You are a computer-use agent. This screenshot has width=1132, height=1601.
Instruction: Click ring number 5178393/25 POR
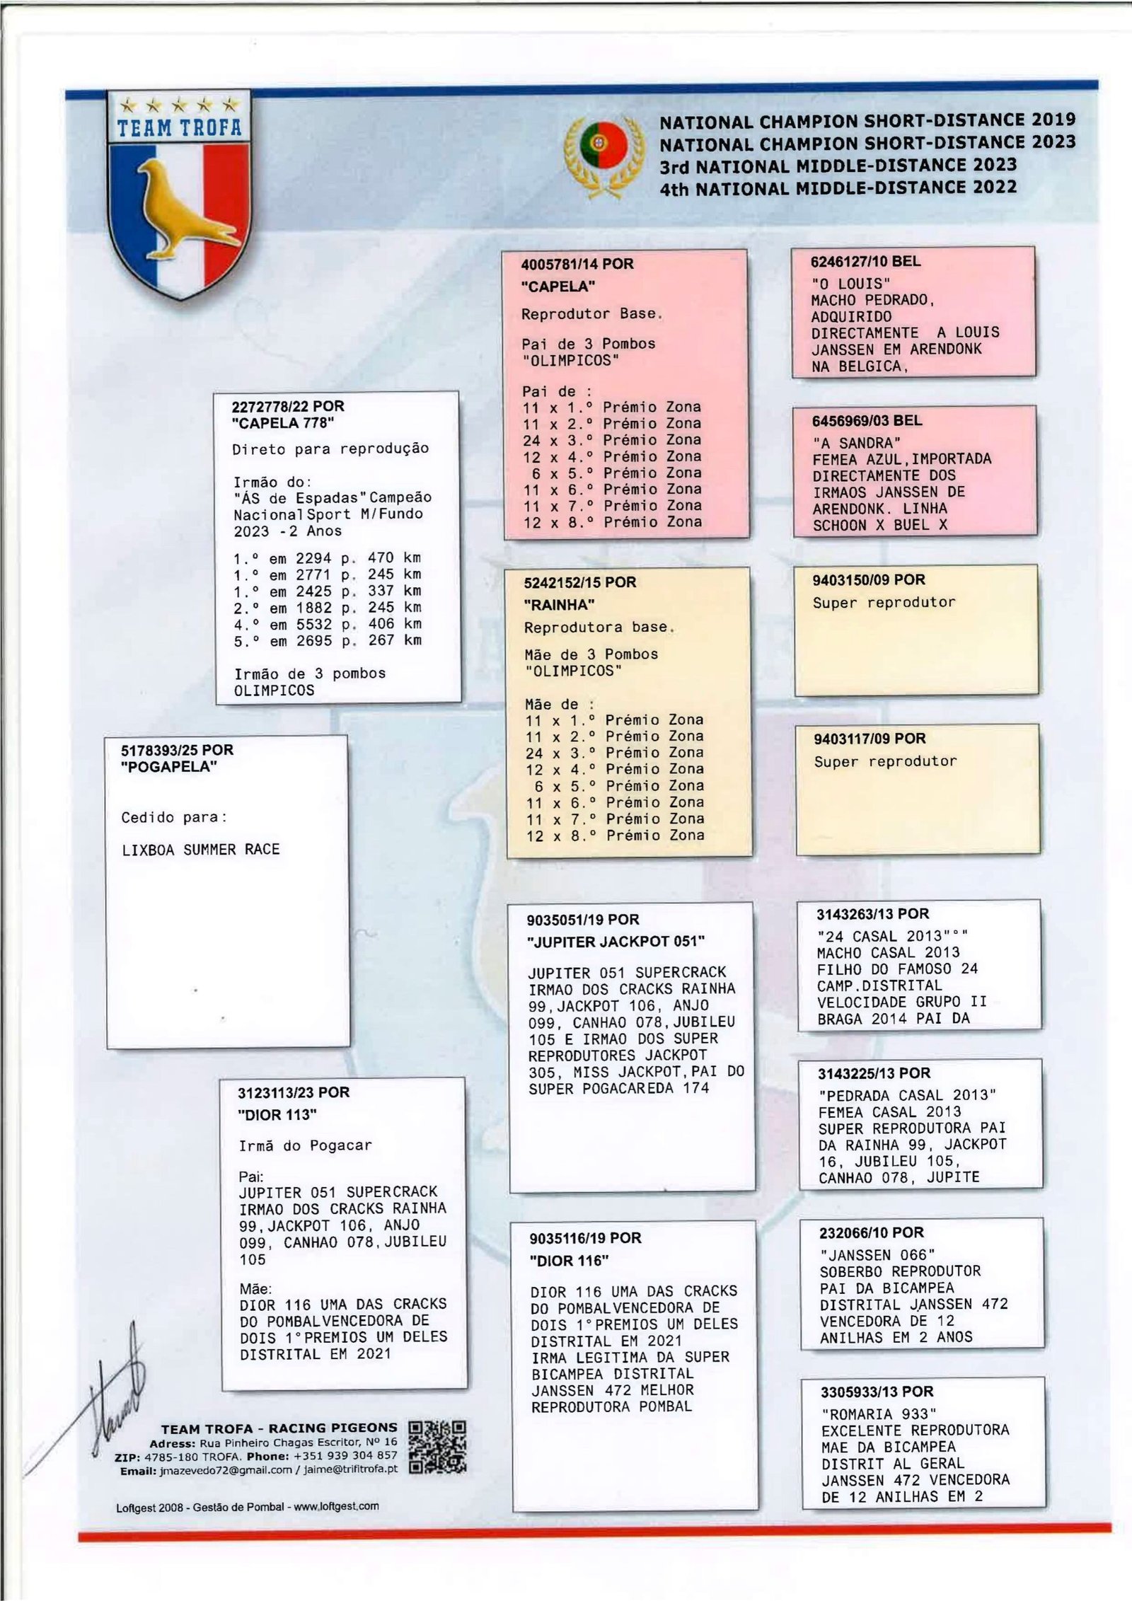pos(177,750)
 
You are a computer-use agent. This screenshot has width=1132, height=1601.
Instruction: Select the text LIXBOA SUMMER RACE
pos(201,850)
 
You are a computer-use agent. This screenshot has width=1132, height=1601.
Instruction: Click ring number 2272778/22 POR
pos(288,407)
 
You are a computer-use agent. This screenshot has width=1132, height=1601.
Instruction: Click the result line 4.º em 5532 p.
pos(327,624)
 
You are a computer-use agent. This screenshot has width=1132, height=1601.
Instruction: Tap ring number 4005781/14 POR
pos(577,265)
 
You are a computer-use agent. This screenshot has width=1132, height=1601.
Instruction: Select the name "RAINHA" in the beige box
pos(559,605)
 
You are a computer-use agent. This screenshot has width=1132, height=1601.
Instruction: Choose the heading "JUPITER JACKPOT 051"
pos(616,942)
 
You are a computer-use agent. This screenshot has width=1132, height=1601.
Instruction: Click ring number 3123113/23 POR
pos(294,1093)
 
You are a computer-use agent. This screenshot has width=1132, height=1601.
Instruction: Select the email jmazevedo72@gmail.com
pos(226,1469)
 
